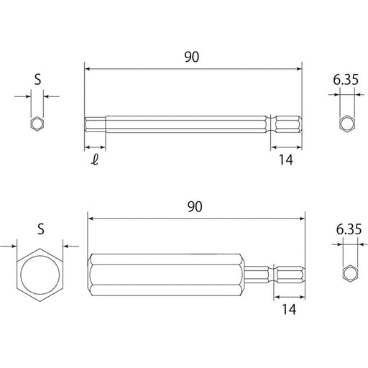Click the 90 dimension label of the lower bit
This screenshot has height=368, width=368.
coord(193,206)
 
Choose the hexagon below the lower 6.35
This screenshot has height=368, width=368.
coord(350,274)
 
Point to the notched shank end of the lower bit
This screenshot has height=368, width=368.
coord(287,274)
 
